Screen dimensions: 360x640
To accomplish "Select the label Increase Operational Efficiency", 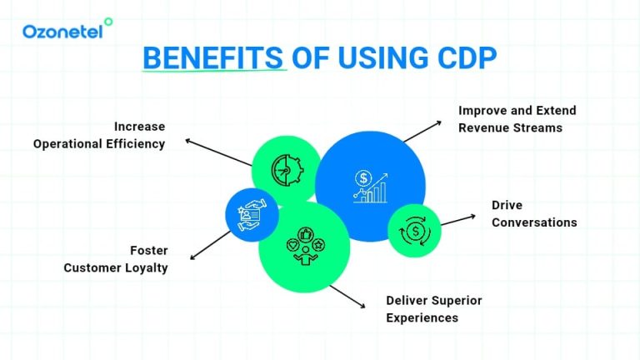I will [99, 135].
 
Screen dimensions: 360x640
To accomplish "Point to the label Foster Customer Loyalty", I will [116, 258].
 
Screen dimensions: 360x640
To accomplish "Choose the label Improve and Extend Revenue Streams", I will [517, 119].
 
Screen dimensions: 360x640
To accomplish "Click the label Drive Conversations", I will [533, 213].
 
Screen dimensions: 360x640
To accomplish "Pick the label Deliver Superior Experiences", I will [433, 308].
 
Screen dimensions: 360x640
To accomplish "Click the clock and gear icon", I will [286, 171].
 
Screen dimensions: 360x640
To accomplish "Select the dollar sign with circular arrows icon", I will [414, 230].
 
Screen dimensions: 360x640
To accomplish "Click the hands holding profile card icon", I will [251, 214].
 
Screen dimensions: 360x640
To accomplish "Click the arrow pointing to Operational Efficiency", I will [218, 152].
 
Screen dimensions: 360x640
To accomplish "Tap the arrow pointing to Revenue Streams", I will [422, 130].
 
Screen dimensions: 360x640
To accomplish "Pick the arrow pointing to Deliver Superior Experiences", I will [347, 296].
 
